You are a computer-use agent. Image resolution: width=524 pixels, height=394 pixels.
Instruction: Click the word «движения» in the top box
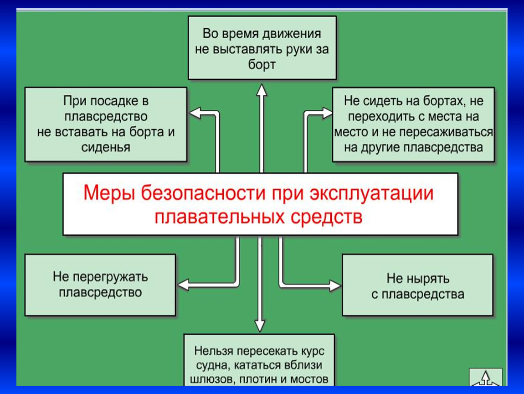coord(292,34)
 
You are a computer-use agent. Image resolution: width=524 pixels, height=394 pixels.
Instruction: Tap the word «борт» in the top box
coord(262,65)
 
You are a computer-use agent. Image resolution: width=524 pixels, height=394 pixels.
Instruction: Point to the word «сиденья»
coord(106,147)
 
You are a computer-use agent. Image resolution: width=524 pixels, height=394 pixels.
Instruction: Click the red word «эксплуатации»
coord(372,194)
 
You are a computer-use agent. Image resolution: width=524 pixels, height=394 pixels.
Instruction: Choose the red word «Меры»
coord(109,194)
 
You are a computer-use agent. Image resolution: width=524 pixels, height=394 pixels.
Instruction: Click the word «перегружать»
coord(110,277)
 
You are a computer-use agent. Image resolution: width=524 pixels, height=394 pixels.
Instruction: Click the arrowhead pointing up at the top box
coord(262,90)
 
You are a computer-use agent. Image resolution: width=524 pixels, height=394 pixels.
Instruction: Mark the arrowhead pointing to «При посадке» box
coord(195,113)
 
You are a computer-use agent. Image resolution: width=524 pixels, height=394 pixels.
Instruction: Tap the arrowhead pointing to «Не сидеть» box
coord(327,113)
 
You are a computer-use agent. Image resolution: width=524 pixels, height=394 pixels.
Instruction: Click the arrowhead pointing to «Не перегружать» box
coord(184,285)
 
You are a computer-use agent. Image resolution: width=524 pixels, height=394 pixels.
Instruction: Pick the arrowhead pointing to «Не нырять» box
coord(335,285)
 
